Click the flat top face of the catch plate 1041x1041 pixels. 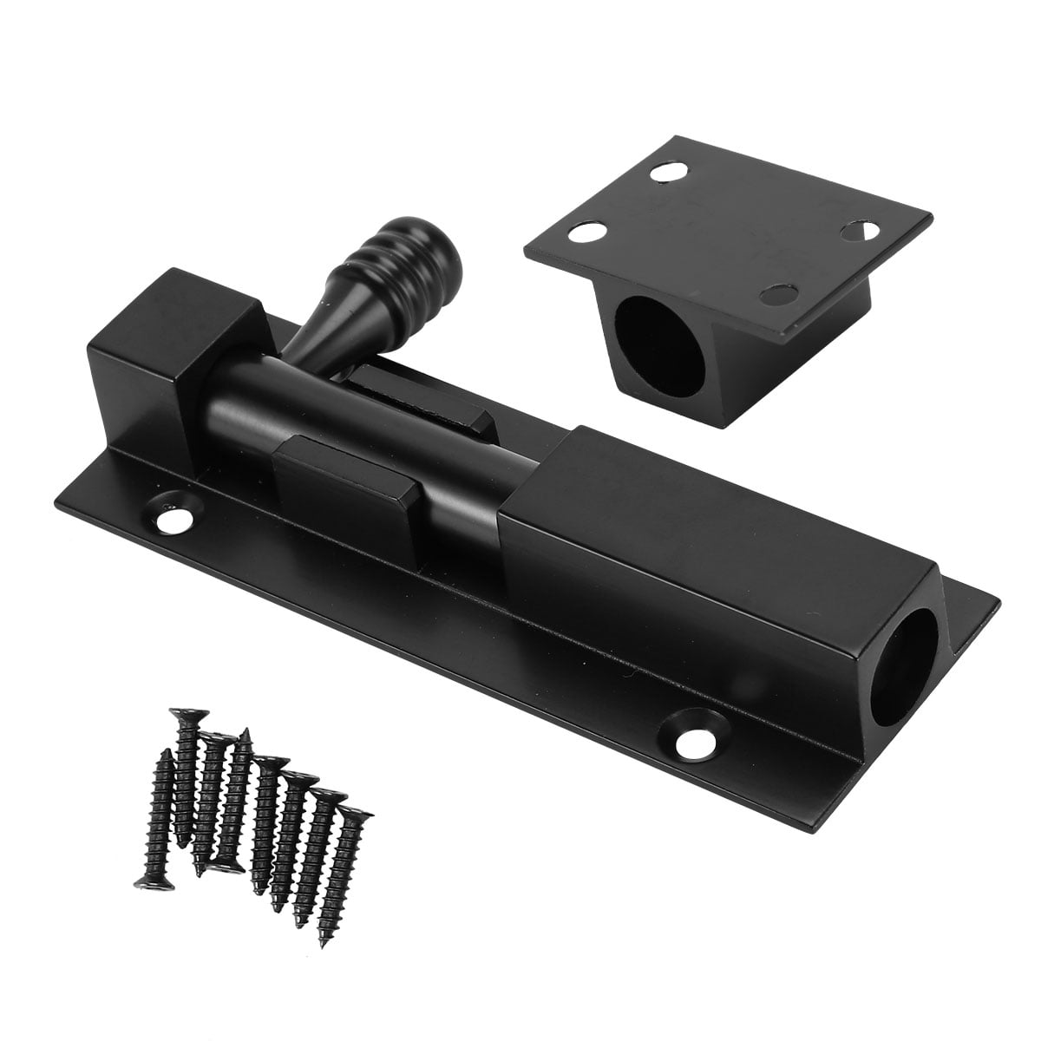click(x=729, y=226)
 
